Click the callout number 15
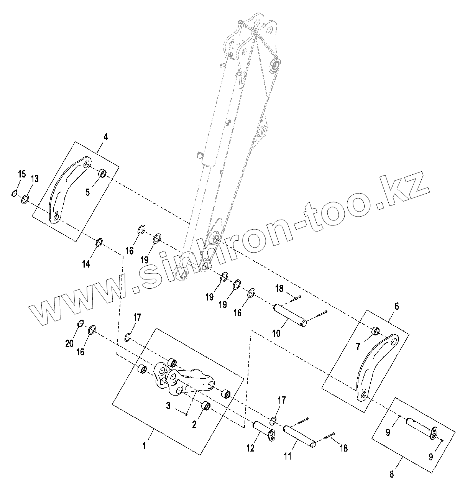coord(22,174)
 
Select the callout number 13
coord(34,179)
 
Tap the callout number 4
coord(106,137)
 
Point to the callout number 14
coord(86,264)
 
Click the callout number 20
coord(69,344)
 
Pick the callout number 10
coord(276,333)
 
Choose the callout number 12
coord(250,448)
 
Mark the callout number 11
coord(287,456)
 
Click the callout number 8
coord(391,474)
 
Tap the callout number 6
coord(396,306)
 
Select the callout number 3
coord(168,406)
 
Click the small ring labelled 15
coord(14,193)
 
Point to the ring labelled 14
coord(99,242)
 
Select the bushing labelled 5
coord(103,173)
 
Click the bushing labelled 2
coord(206,406)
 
